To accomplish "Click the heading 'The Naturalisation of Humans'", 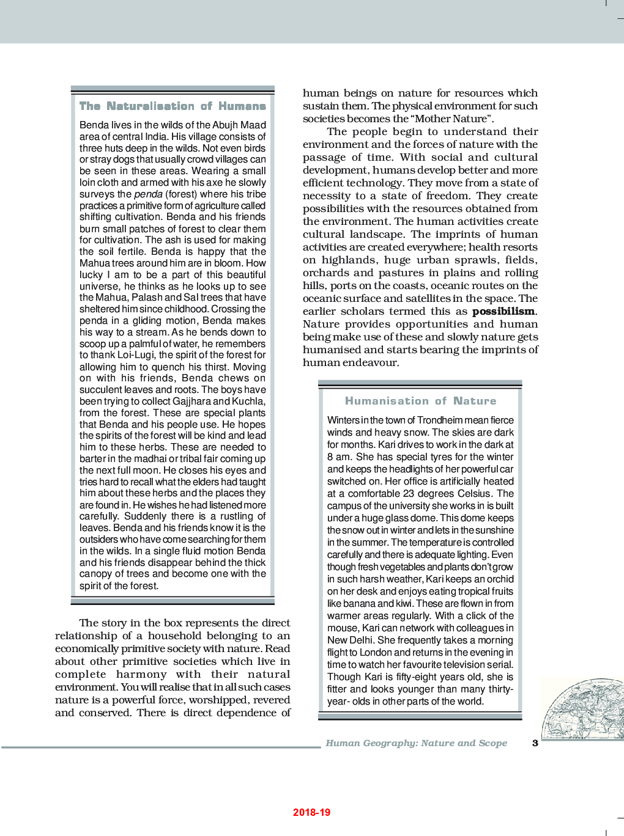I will [x=173, y=106].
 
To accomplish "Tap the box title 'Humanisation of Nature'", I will [x=420, y=401].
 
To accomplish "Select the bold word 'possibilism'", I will [x=503, y=311].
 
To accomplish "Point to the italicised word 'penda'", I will [x=148, y=194].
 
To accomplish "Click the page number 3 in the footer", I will [x=535, y=743].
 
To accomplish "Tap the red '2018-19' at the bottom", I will [x=311, y=812].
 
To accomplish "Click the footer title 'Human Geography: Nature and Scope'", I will [x=416, y=743].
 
